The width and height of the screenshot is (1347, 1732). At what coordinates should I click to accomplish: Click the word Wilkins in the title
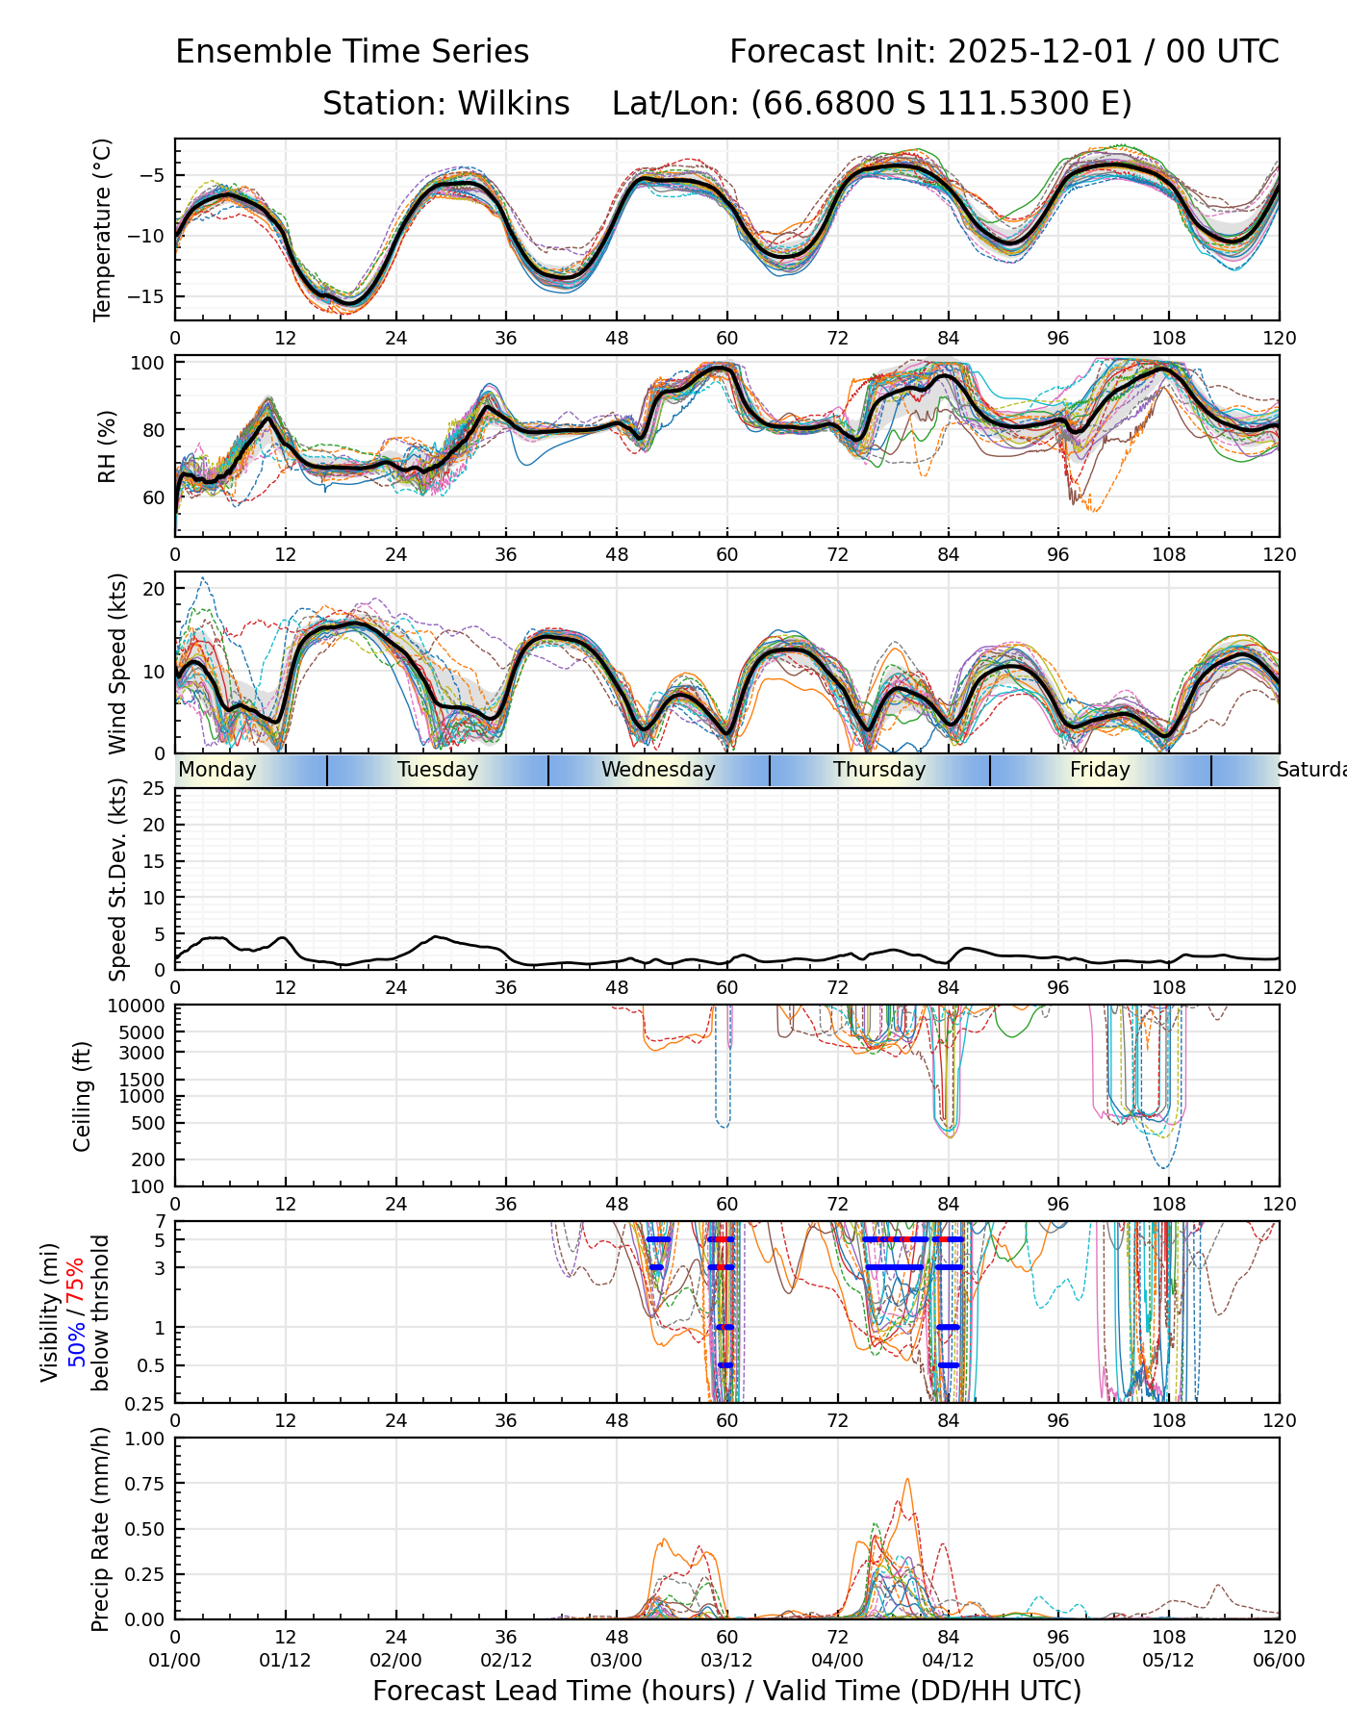pos(513,103)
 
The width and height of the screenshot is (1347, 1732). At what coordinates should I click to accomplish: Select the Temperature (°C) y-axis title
pos(103,229)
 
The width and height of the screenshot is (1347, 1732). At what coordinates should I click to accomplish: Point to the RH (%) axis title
pos(106,446)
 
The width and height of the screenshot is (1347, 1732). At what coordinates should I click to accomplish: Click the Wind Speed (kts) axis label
pos(117,663)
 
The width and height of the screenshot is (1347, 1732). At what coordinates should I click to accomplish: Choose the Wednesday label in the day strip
pos(658,770)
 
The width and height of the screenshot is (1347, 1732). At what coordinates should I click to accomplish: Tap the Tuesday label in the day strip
pos(438,770)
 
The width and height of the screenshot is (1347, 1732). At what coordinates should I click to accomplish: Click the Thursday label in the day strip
pos(879,770)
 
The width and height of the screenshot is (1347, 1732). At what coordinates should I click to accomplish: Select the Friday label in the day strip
pos(1100,770)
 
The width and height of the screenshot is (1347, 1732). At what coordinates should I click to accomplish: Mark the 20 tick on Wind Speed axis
pos(154,588)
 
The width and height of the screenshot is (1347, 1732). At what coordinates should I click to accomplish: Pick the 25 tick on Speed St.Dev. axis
pos(154,789)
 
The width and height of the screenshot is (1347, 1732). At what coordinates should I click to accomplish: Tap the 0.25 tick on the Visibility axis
pos(148,1402)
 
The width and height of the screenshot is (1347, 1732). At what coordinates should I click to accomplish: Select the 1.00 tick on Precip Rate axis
pos(143,1439)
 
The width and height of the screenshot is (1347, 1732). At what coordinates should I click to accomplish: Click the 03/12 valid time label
pos(726,1660)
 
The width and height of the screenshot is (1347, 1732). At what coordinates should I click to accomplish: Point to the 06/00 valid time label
pos(1279,1660)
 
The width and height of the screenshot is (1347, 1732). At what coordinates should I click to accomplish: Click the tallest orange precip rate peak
pos(906,1480)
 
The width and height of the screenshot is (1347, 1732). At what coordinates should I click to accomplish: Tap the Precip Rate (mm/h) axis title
pos(100,1528)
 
